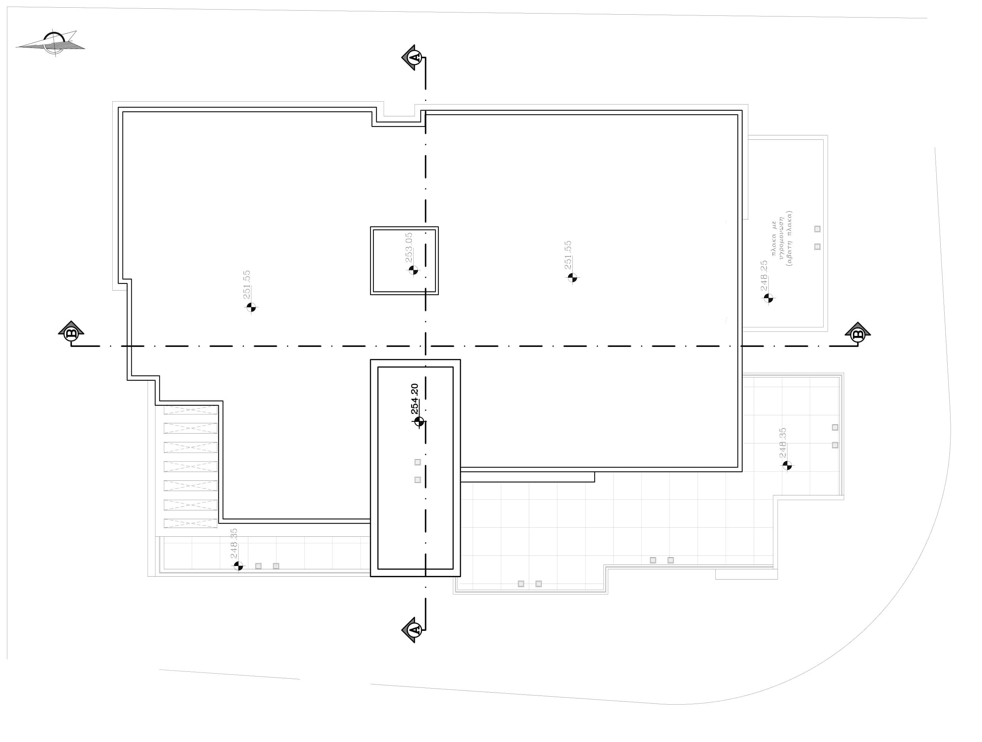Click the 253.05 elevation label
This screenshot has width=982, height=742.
point(409,247)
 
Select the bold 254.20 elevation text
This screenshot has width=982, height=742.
point(415,398)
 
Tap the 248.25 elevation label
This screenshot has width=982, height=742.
point(764,275)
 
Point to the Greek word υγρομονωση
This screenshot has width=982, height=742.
point(782,239)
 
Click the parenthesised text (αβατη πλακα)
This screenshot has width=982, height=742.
point(789,239)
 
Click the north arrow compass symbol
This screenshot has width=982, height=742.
point(53,44)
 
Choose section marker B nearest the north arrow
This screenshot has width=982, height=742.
point(71,333)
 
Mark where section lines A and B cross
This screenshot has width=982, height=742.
point(425,346)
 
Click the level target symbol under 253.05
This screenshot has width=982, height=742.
point(413,270)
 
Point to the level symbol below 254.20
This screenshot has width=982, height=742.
point(419,421)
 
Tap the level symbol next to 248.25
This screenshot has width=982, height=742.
point(768,298)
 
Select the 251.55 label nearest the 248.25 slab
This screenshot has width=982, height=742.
point(568,255)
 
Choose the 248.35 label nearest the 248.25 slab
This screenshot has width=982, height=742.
point(783,443)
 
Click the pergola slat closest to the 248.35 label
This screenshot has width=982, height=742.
point(191,523)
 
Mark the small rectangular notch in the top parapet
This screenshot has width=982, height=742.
point(399,110)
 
